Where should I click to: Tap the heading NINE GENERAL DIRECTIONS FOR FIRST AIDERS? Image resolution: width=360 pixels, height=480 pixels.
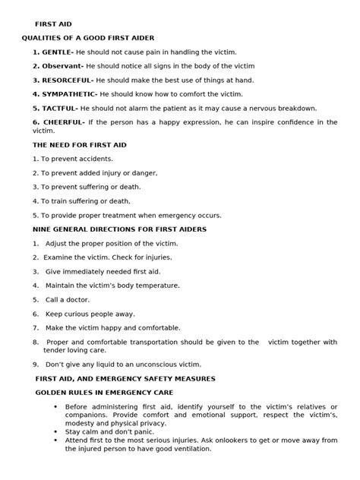tap(119, 229)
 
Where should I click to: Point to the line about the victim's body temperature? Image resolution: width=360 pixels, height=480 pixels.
tap(112, 286)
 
